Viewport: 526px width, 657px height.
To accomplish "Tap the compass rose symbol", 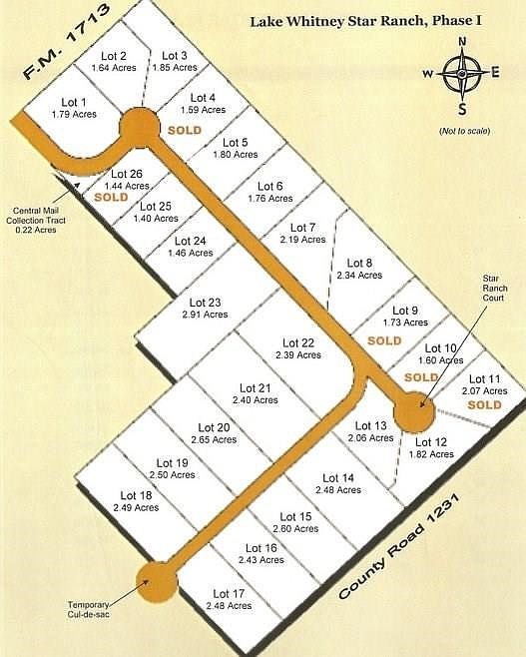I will click(x=462, y=73).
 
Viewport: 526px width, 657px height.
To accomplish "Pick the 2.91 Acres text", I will click(x=205, y=315).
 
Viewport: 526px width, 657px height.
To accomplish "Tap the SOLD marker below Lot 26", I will click(x=112, y=198).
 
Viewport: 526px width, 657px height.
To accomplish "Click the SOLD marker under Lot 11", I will click(x=484, y=405).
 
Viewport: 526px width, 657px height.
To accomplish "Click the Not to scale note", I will click(x=462, y=132).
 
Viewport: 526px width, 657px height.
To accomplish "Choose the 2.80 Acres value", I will click(x=297, y=528).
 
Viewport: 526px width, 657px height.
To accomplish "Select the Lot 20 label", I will click(x=214, y=428).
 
